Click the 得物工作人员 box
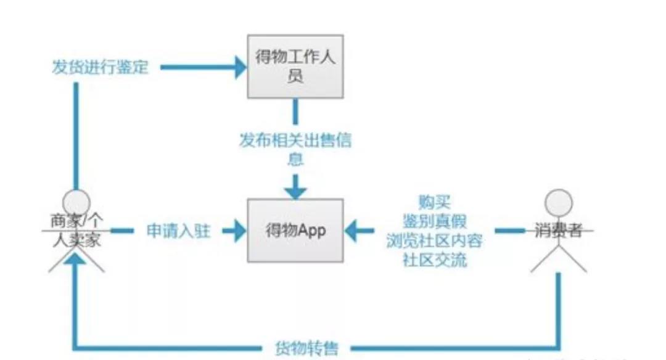295,66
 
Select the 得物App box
295,230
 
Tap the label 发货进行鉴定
100,67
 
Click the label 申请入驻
178,231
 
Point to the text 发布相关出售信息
295,149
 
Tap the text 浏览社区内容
434,240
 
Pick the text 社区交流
434,259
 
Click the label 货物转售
306,348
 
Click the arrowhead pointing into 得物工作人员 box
239,67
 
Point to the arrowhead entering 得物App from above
296,187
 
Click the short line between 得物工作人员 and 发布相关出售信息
295,112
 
